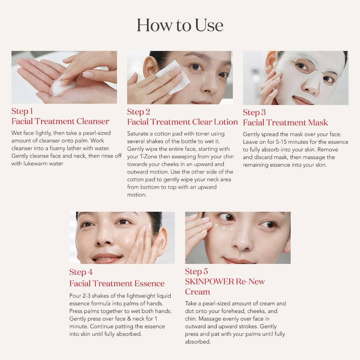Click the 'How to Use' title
click(180, 25)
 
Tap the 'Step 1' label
click(22, 111)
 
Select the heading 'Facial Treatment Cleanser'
click(60, 121)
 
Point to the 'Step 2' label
click(138, 112)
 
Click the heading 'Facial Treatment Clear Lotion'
click(182, 122)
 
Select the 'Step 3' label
click(254, 112)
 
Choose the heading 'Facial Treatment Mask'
click(285, 123)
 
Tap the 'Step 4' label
click(81, 272)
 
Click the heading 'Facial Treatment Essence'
click(117, 283)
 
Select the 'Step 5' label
click(196, 271)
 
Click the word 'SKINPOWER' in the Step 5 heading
click(209, 282)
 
